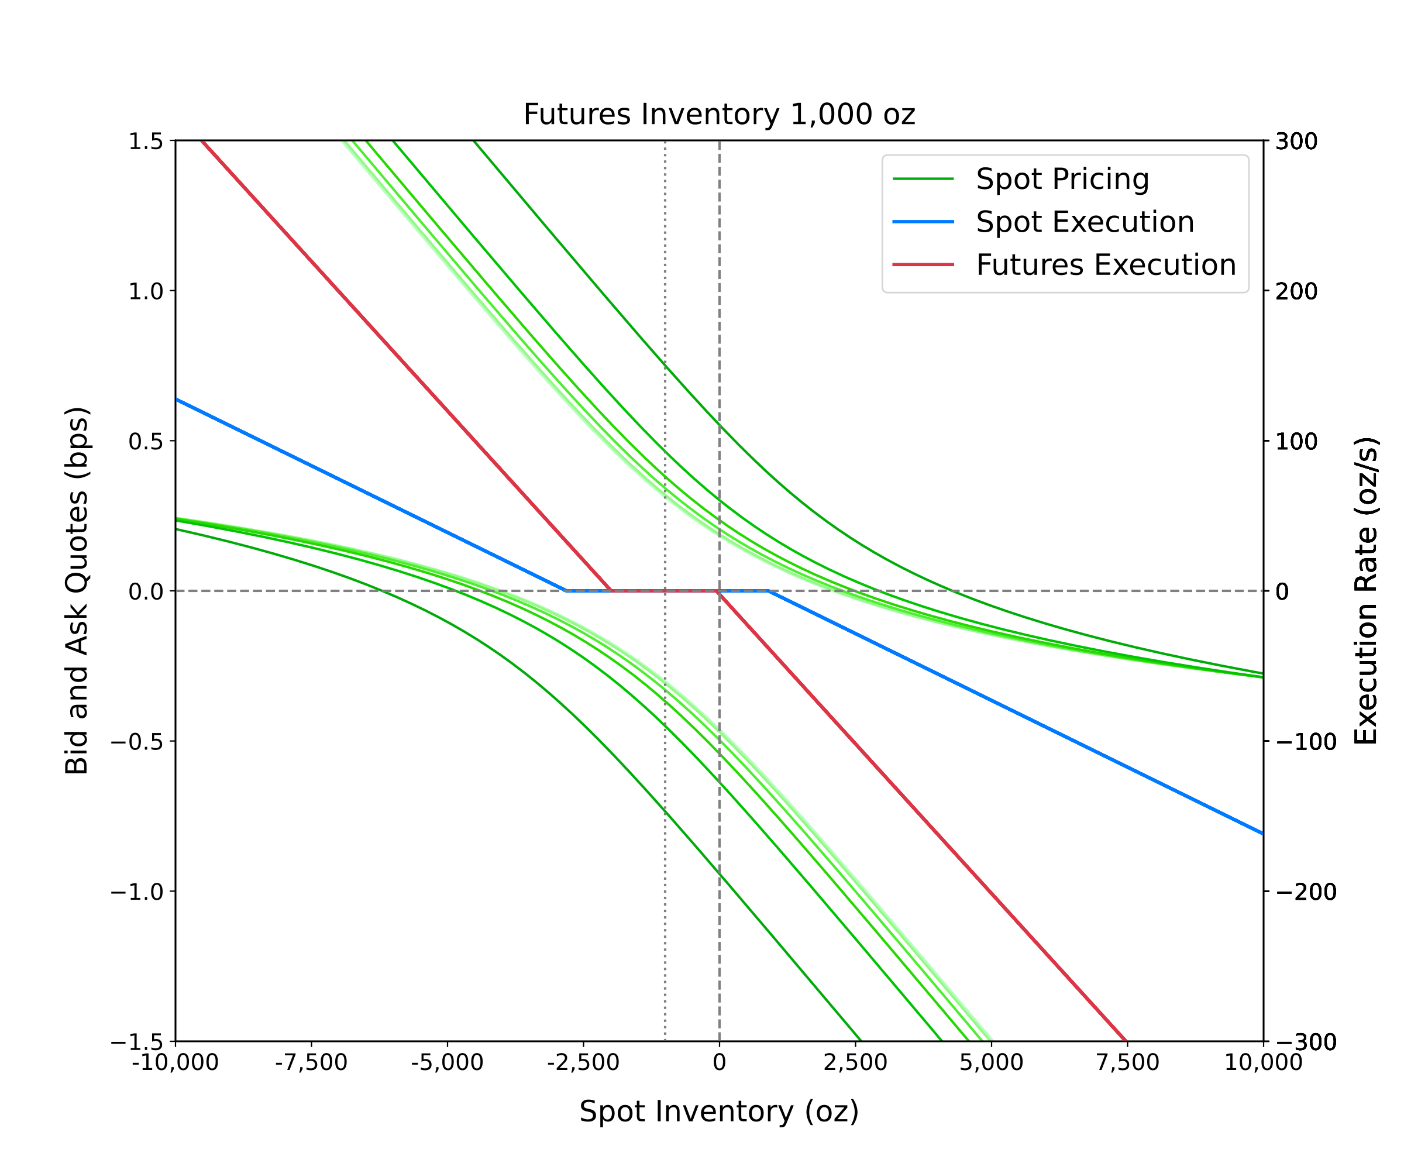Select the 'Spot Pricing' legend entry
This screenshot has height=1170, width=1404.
1062,179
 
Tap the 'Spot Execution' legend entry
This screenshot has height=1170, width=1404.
1085,222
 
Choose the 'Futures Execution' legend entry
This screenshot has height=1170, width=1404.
1105,265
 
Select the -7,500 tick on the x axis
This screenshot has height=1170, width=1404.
312,1062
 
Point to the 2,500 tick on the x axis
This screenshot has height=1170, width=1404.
855,1062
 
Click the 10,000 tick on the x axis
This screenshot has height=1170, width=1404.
1263,1062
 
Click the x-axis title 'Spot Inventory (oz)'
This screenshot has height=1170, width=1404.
719,1111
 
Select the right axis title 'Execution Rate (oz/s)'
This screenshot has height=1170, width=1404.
1365,590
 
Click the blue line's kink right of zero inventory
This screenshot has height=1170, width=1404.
769,591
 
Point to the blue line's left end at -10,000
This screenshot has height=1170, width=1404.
177,399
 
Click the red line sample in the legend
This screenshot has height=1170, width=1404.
923,265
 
